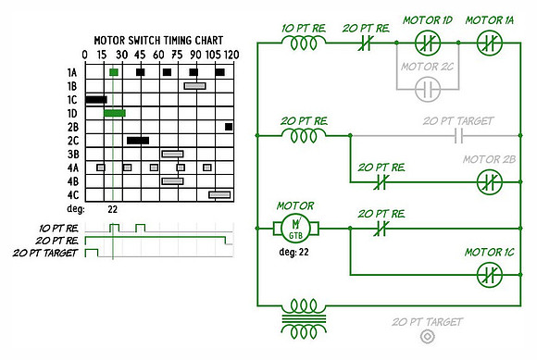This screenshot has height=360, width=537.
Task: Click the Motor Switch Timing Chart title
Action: coord(158,41)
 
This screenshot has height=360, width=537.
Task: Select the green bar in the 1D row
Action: coord(115,113)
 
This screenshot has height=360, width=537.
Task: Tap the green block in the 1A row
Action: coord(114,72)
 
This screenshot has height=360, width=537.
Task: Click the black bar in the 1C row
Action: coord(96,100)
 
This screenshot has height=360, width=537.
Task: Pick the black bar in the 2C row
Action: coord(138,141)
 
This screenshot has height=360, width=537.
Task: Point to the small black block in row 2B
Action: coord(229,127)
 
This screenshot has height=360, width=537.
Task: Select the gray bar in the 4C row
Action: coord(219,194)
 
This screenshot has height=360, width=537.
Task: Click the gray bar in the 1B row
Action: coord(194,86)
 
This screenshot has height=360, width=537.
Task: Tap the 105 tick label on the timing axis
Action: coord(213,55)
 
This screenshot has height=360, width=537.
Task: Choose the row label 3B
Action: coord(72,155)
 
